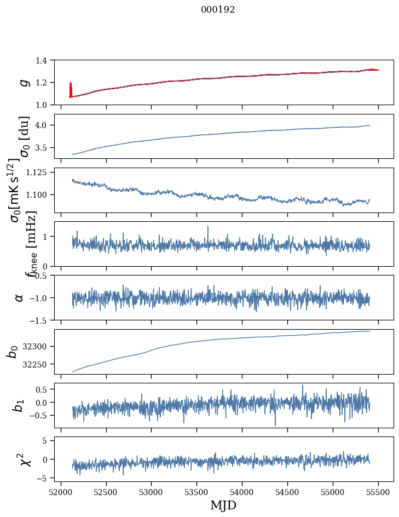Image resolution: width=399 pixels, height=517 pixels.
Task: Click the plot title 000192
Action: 218,10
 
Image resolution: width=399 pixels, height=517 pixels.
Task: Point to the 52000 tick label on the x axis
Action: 61,492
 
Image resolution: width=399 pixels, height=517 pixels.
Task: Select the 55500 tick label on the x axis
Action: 379,492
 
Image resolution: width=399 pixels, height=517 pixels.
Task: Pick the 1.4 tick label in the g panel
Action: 46,60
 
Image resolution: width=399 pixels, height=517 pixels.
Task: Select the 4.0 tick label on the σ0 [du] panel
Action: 46,125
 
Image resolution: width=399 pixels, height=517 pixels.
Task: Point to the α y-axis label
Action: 19,297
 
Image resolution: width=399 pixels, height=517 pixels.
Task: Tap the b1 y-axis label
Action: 20,405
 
